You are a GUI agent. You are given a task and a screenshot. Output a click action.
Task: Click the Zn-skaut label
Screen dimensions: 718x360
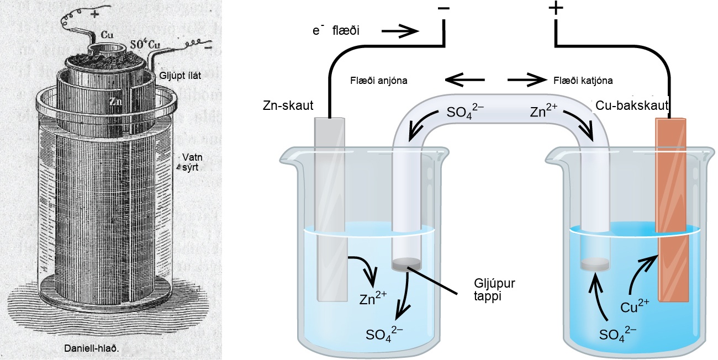pyautogui.click(x=288, y=105)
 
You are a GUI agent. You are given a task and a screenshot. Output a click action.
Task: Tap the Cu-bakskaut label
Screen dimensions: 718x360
pyautogui.click(x=632, y=105)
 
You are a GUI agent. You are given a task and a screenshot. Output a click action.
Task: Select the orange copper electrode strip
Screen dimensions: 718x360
pyautogui.click(x=672, y=210)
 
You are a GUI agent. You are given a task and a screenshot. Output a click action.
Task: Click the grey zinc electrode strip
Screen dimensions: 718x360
pyautogui.click(x=331, y=209)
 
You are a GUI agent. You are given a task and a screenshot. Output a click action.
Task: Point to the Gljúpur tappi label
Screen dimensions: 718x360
pyautogui.click(x=494, y=289)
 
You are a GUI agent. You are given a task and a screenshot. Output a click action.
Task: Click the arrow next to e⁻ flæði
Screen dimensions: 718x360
pyautogui.click(x=400, y=31)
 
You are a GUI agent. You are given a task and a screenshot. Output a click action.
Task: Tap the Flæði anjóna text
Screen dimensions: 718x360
pyautogui.click(x=378, y=81)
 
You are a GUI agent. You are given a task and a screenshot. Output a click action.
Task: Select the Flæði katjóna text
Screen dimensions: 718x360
pyautogui.click(x=583, y=81)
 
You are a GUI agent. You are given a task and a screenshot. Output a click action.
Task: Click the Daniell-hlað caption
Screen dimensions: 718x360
pyautogui.click(x=91, y=348)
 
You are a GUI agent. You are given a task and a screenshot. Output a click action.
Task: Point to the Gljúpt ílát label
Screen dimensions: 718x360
pyautogui.click(x=180, y=76)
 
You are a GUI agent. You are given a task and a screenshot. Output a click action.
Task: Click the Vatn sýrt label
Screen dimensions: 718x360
pyautogui.click(x=192, y=162)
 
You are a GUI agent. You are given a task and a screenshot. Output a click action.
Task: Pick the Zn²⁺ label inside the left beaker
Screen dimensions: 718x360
pyautogui.click(x=373, y=298)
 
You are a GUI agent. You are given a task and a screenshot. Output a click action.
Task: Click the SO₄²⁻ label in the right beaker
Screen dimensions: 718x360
pyautogui.click(x=617, y=334)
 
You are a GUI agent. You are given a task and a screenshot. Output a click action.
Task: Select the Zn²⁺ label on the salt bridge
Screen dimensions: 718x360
pyautogui.click(x=543, y=111)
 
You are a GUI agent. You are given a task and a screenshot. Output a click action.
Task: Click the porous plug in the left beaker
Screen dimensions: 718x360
pyautogui.click(x=406, y=265)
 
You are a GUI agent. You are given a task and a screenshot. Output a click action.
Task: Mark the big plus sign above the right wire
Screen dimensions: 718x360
pyautogui.click(x=556, y=8)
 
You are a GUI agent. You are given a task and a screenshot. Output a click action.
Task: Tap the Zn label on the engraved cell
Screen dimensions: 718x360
pyautogui.click(x=116, y=101)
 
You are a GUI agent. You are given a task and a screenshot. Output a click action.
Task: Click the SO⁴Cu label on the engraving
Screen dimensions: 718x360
pyautogui.click(x=145, y=45)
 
